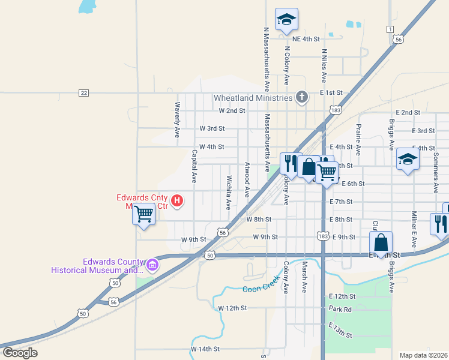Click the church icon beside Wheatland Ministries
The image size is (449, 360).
(x=302, y=97)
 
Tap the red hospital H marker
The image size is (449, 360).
(x=177, y=200)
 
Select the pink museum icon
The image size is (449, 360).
(x=152, y=264)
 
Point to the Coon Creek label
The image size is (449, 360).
(x=262, y=285)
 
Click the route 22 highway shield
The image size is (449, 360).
(x=83, y=93)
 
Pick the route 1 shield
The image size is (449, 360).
(x=390, y=29)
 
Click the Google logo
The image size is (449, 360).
(x=20, y=353)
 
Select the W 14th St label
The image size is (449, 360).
(x=205, y=349)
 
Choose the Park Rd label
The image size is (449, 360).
(x=339, y=308)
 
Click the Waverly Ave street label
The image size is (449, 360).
(x=178, y=120)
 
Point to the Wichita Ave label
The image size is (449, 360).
(x=228, y=192)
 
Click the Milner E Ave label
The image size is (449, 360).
(x=414, y=229)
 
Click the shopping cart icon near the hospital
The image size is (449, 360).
(x=144, y=214)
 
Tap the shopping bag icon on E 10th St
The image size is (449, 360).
(x=381, y=242)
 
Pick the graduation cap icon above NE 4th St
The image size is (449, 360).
(x=286, y=19)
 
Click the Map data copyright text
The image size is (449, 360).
(x=423, y=355)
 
